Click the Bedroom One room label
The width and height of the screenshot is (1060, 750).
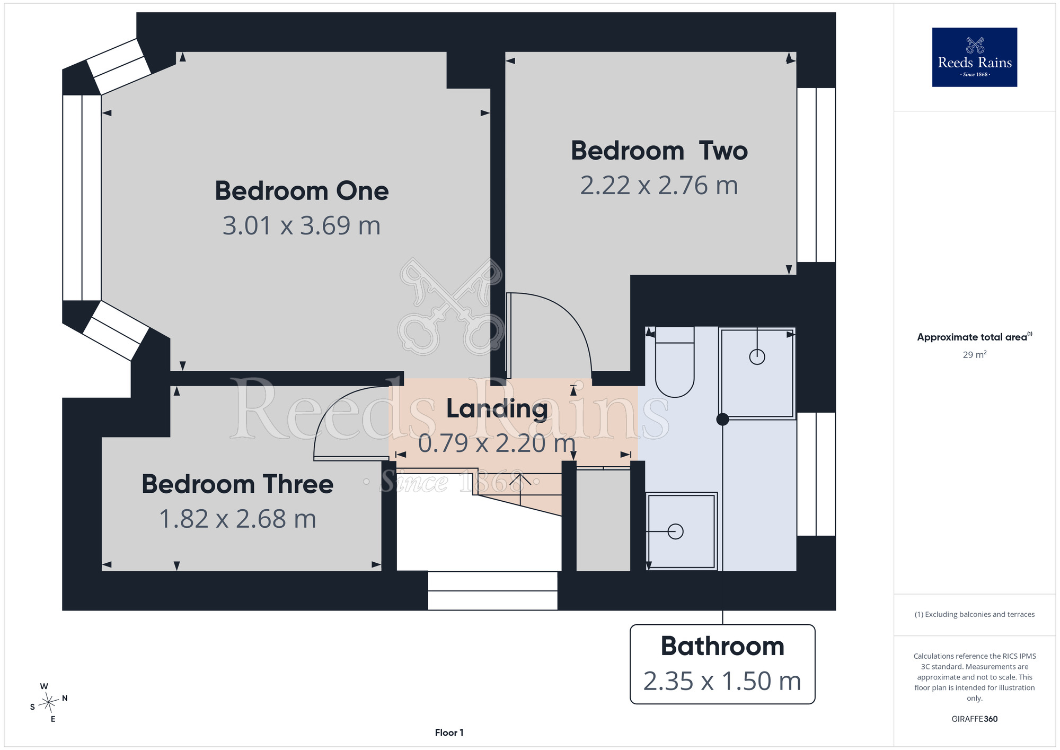pos(302,191)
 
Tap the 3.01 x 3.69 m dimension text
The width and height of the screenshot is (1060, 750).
pos(302,225)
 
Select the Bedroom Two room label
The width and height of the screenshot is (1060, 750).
pos(659,151)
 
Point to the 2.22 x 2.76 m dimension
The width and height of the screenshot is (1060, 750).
pos(659,186)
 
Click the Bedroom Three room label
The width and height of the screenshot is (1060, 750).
pos(237,484)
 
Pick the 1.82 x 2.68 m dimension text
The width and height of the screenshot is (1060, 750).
pos(237,519)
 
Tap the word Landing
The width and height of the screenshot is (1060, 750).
pos(497,409)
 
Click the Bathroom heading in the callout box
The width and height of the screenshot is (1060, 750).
pos(722,646)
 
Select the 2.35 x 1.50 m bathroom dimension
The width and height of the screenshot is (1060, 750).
pos(722,681)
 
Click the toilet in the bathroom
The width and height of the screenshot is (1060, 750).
pos(675,362)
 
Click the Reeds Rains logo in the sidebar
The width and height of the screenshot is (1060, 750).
pos(975,57)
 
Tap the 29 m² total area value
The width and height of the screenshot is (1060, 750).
pos(975,355)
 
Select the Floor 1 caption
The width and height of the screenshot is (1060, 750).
pos(449,732)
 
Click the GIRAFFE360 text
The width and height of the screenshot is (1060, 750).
pos(975,719)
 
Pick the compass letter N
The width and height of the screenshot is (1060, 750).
pos(65,698)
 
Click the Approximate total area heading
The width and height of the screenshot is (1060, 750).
pos(975,337)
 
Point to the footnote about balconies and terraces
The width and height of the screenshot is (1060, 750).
pos(975,614)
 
